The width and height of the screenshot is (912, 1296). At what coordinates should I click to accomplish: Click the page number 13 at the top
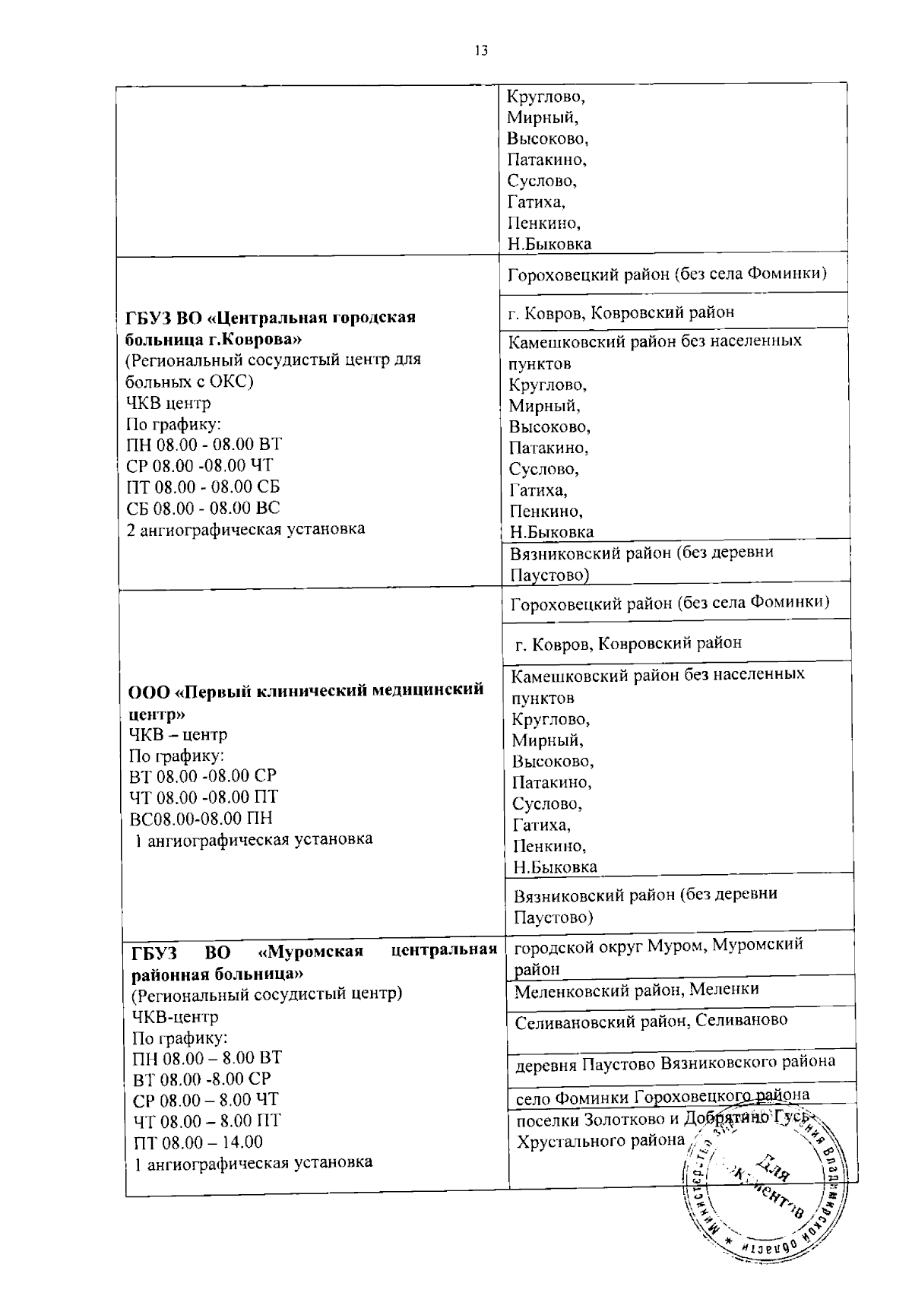pos(480,50)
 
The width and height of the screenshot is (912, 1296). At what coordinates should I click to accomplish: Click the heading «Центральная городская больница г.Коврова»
pos(271,327)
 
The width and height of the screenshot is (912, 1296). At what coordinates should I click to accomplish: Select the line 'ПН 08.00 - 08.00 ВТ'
pos(204,445)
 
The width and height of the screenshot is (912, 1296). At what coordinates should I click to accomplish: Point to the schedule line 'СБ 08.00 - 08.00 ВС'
pos(204,508)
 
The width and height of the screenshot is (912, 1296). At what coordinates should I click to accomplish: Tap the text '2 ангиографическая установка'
pos(245,529)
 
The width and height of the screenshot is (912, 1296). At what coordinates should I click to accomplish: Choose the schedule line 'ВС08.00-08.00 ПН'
pos(201,819)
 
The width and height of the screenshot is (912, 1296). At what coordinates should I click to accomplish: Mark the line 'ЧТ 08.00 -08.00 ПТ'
pos(204,797)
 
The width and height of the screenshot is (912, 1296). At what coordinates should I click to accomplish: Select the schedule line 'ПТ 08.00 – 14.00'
pos(198,1142)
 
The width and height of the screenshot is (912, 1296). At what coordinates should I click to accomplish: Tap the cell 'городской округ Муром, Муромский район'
pos(658,955)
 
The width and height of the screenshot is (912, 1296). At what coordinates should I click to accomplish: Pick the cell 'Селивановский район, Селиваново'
pos(651,1021)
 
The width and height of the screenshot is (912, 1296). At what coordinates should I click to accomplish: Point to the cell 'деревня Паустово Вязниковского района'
pos(676,1062)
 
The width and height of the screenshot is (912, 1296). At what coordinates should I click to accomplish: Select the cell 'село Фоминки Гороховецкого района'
pos(662,1096)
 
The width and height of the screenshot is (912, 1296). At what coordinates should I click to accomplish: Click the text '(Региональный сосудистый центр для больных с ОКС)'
pos(274,370)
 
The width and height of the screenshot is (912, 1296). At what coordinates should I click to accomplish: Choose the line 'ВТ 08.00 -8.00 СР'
pos(201,1079)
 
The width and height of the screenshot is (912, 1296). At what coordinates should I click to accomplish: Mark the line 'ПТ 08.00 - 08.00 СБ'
pos(204,486)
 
